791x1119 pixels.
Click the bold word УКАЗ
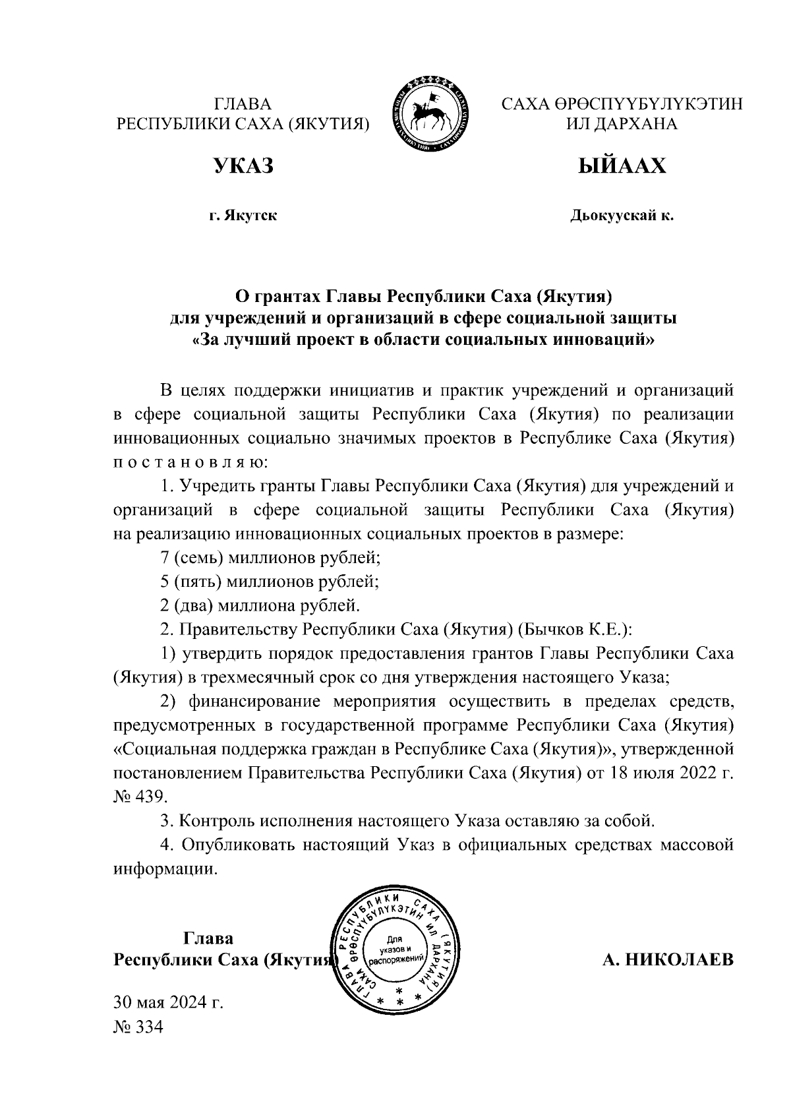pos(243,166)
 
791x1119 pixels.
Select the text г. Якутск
pos(243,216)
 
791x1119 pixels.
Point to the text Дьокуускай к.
pos(622,216)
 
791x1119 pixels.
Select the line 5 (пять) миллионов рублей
pos(270,581)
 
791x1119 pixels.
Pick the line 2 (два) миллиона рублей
pos(261,605)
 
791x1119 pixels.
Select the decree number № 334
pos(138,1027)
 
